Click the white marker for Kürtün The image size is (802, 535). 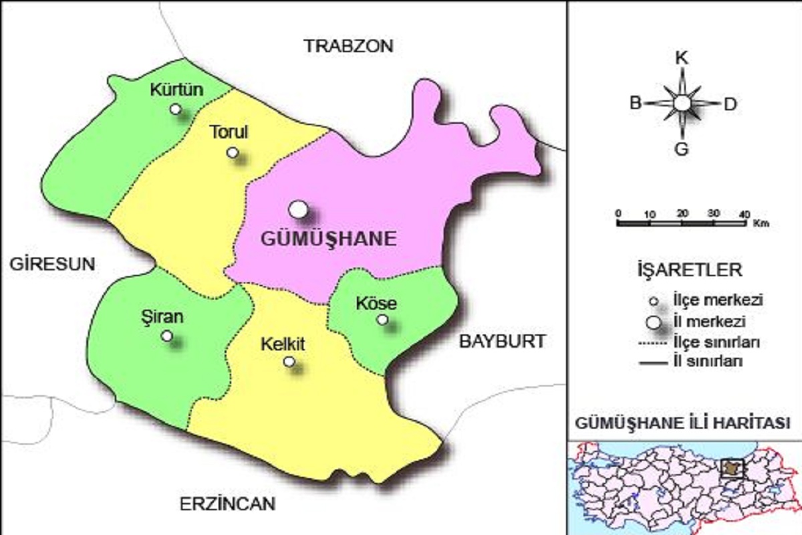[175, 109]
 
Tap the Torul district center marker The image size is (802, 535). [232, 152]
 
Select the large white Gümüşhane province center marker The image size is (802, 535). [298, 209]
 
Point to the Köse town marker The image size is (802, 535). [382, 320]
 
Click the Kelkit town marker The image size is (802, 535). [289, 362]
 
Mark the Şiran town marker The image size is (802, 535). [166, 336]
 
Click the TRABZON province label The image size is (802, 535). [349, 46]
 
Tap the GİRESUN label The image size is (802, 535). [52, 263]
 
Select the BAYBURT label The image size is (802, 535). [501, 341]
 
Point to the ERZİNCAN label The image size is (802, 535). [227, 504]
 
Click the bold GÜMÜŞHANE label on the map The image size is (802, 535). [327, 239]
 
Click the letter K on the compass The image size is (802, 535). [681, 58]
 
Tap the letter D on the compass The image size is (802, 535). [730, 104]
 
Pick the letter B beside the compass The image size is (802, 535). [636, 103]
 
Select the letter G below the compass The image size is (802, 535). [681, 149]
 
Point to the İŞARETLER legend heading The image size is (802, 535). [688, 270]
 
